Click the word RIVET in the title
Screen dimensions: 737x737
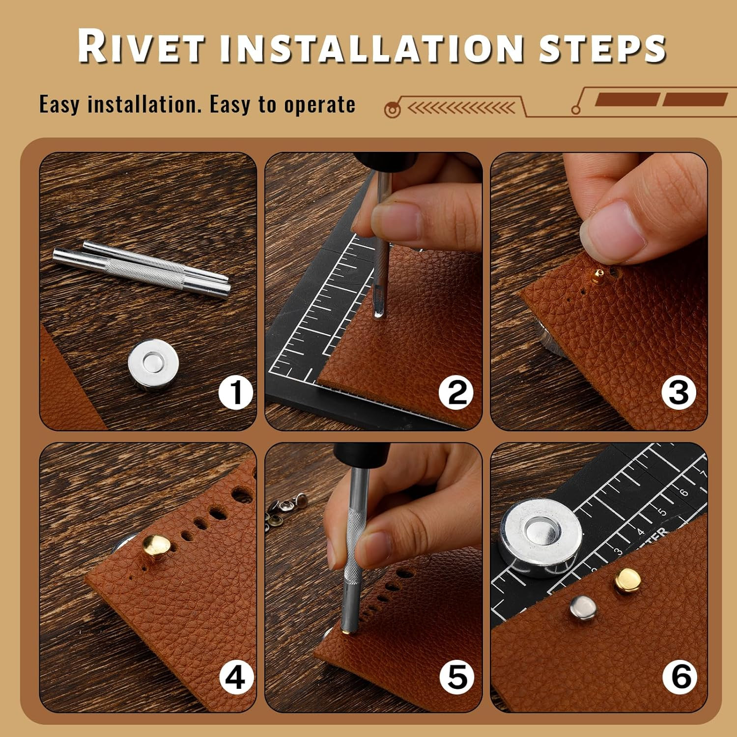click(x=141, y=47)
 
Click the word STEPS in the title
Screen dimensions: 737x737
click(x=602, y=48)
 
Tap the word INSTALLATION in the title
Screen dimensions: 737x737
click(x=372, y=48)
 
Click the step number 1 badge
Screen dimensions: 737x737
click(x=236, y=393)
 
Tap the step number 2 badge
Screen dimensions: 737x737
click(x=457, y=393)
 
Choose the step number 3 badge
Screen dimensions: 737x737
click(x=679, y=393)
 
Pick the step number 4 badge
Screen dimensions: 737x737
click(x=235, y=678)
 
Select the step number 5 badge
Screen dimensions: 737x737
click(x=457, y=678)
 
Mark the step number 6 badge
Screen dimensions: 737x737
click(x=680, y=678)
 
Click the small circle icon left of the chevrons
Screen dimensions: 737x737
click(x=392, y=109)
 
